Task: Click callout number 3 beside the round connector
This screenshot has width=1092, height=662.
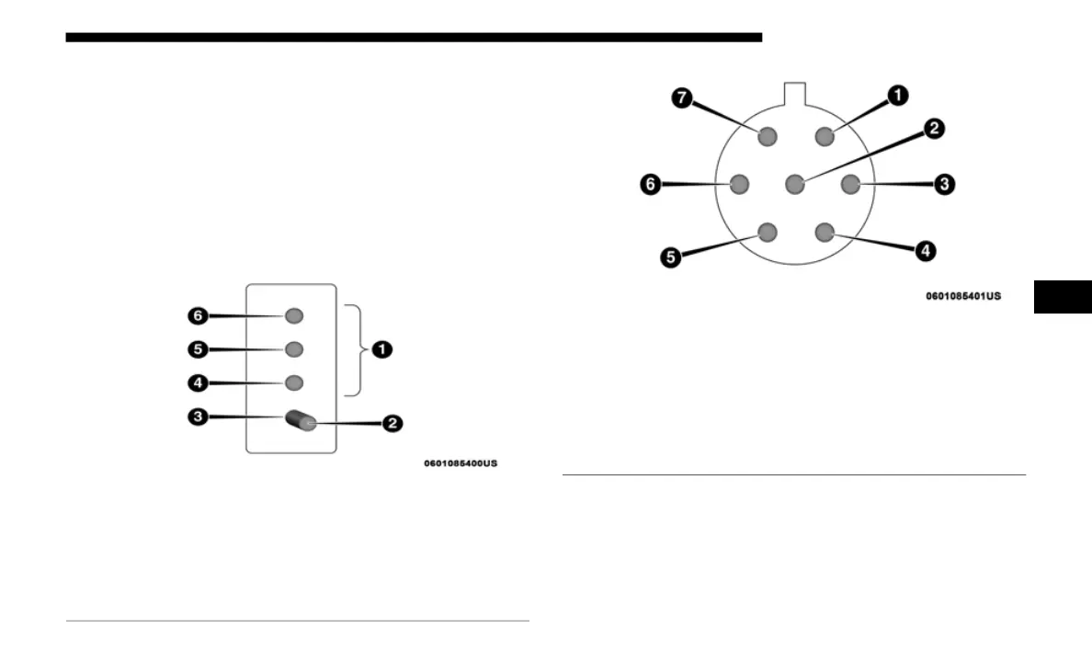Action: pos(944,185)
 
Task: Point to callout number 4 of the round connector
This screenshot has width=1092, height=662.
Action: pos(927,249)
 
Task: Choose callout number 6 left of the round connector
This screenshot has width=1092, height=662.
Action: pos(649,185)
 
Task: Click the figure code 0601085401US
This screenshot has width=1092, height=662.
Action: pos(962,296)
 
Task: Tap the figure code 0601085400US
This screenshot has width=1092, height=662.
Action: pos(461,463)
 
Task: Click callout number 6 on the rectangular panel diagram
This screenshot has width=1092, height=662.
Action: pos(198,315)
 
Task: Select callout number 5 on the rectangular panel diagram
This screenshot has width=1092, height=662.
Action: pos(198,349)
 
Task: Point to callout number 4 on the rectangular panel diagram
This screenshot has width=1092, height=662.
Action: pos(198,382)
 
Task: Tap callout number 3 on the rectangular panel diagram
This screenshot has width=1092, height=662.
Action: pos(198,417)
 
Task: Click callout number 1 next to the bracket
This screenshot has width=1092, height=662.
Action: pos(381,349)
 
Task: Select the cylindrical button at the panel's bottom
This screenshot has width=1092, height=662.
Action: pos(301,420)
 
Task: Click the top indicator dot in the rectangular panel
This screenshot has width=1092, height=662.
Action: pos(293,315)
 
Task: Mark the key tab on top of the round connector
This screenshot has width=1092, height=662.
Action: pos(795,93)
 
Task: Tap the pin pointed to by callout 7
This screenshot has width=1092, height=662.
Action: pos(768,137)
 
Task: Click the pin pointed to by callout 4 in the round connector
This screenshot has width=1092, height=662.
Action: pos(824,233)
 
